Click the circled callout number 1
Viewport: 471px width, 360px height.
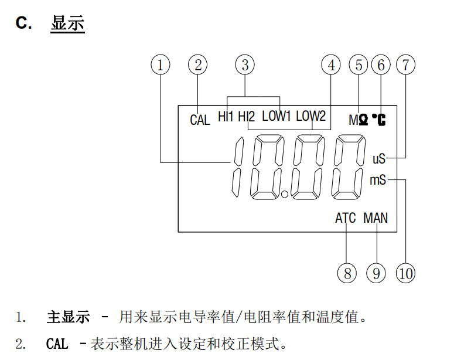(x=160, y=64)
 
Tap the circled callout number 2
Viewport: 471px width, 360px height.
(x=198, y=64)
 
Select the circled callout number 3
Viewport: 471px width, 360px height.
(x=245, y=64)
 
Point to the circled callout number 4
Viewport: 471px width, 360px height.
(x=331, y=64)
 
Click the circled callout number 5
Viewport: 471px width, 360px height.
(x=359, y=64)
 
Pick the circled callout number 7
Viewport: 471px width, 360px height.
(x=405, y=64)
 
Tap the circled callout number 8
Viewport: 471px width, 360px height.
(x=347, y=273)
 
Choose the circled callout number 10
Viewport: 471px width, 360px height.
(x=405, y=273)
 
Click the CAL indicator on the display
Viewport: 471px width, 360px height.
(x=200, y=120)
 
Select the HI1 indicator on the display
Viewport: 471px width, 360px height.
(x=226, y=116)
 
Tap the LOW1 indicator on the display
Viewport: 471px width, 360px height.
(x=276, y=116)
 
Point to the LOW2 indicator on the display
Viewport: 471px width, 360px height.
(x=310, y=116)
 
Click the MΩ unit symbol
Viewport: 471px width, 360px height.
(x=359, y=120)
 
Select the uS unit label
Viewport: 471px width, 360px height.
(x=379, y=158)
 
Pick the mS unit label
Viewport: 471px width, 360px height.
(x=378, y=180)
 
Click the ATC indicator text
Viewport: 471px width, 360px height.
(x=345, y=219)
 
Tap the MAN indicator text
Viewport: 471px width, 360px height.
(x=376, y=219)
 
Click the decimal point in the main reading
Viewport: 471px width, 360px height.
(x=285, y=194)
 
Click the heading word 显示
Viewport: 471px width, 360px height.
(x=68, y=23)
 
